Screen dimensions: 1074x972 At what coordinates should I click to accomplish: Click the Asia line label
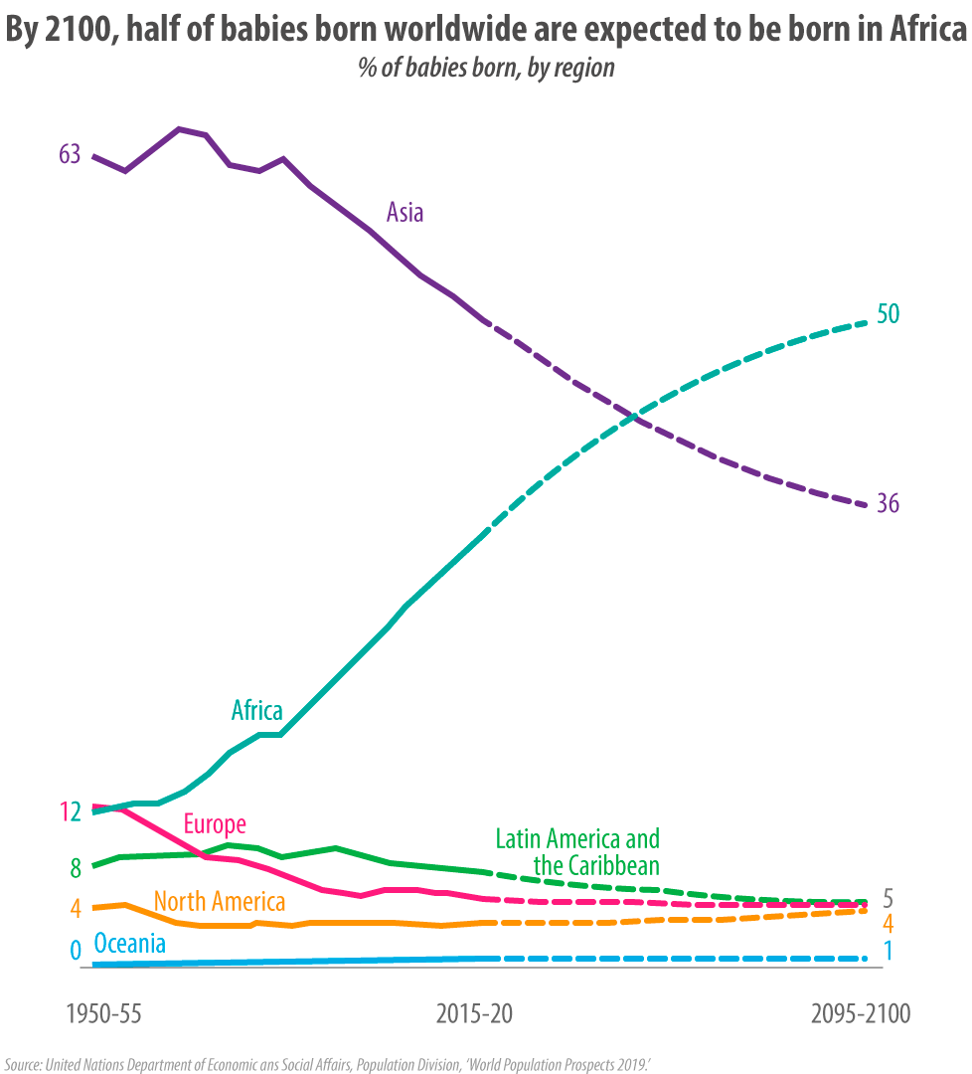[x=405, y=212]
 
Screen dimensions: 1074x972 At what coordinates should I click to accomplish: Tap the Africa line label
[x=256, y=710]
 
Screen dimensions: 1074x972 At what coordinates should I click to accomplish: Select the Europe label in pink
[x=215, y=824]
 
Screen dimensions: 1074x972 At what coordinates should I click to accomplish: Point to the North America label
[x=220, y=902]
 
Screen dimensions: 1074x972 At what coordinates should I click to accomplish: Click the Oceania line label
[x=129, y=943]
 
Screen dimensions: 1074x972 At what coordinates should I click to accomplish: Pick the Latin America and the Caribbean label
[x=577, y=851]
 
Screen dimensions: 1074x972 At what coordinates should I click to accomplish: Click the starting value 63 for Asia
[x=70, y=154]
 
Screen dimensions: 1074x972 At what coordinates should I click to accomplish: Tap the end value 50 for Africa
[x=888, y=314]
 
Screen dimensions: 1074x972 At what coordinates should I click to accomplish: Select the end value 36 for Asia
[x=888, y=504]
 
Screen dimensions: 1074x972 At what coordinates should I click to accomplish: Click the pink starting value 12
[x=70, y=811]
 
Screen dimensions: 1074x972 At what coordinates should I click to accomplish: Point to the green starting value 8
[x=75, y=868]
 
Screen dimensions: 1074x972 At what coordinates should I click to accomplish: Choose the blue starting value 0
[x=75, y=951]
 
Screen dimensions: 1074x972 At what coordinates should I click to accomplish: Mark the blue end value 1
[x=888, y=951]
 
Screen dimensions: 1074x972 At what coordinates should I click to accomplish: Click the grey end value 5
[x=888, y=898]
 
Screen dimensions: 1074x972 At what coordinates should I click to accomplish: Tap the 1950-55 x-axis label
[x=104, y=1015]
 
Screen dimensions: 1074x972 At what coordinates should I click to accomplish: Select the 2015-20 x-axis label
[x=474, y=1015]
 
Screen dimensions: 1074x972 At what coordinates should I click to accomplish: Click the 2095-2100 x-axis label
[x=860, y=1015]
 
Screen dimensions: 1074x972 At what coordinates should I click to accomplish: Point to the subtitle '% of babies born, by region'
[x=486, y=69]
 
